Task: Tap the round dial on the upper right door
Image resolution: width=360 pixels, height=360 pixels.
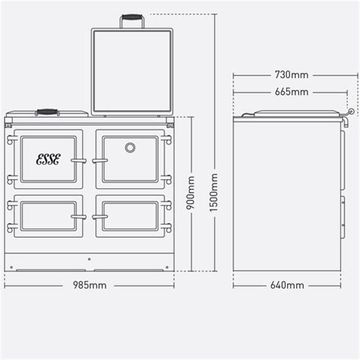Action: pyautogui.click(x=130, y=146)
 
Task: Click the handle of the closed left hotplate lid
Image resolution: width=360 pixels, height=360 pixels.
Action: pyautogui.click(x=46, y=111)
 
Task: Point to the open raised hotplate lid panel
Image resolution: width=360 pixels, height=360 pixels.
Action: pyautogui.click(x=131, y=72)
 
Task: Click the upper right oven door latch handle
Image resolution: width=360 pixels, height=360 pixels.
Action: pyautogui.click(x=99, y=160)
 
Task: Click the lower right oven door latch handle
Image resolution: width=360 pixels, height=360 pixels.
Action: pyautogui.click(x=99, y=216)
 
